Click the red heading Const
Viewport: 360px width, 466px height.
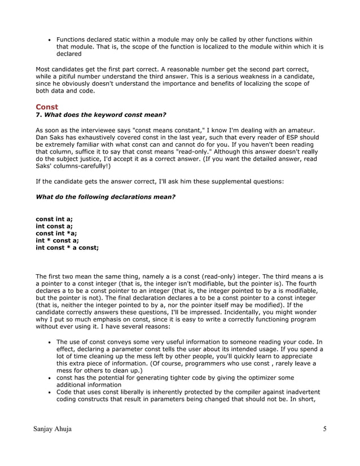coord(47,107)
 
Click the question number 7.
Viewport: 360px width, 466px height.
coord(38,115)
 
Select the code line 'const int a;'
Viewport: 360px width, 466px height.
coord(54,218)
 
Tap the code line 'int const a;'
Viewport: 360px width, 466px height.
coord(54,226)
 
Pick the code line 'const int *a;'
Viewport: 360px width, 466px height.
coord(56,233)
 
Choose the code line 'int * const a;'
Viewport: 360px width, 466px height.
coord(57,240)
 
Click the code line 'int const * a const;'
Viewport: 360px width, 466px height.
coord(67,248)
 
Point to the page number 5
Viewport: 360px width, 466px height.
coord(325,429)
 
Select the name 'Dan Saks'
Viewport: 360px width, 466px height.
coord(49,137)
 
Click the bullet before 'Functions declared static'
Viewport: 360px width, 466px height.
coord(50,40)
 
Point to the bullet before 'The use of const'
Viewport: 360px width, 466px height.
coord(50,342)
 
